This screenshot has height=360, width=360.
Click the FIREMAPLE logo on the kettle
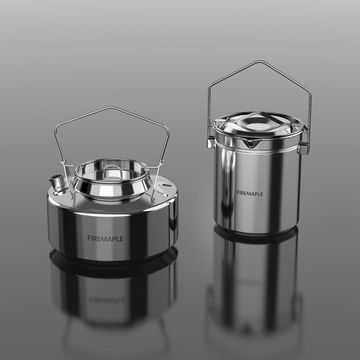click(x=105, y=238)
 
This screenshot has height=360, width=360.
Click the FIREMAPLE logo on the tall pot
click(x=250, y=193)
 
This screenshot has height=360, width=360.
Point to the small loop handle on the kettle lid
click(x=112, y=172)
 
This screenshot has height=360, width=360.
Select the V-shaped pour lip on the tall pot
click(x=251, y=143)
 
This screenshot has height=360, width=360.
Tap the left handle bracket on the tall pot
click(x=211, y=143)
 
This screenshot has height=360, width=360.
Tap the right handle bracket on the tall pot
click(x=303, y=148)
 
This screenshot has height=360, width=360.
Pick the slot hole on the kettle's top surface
click(x=165, y=185)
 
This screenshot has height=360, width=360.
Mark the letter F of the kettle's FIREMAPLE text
click(x=89, y=238)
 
